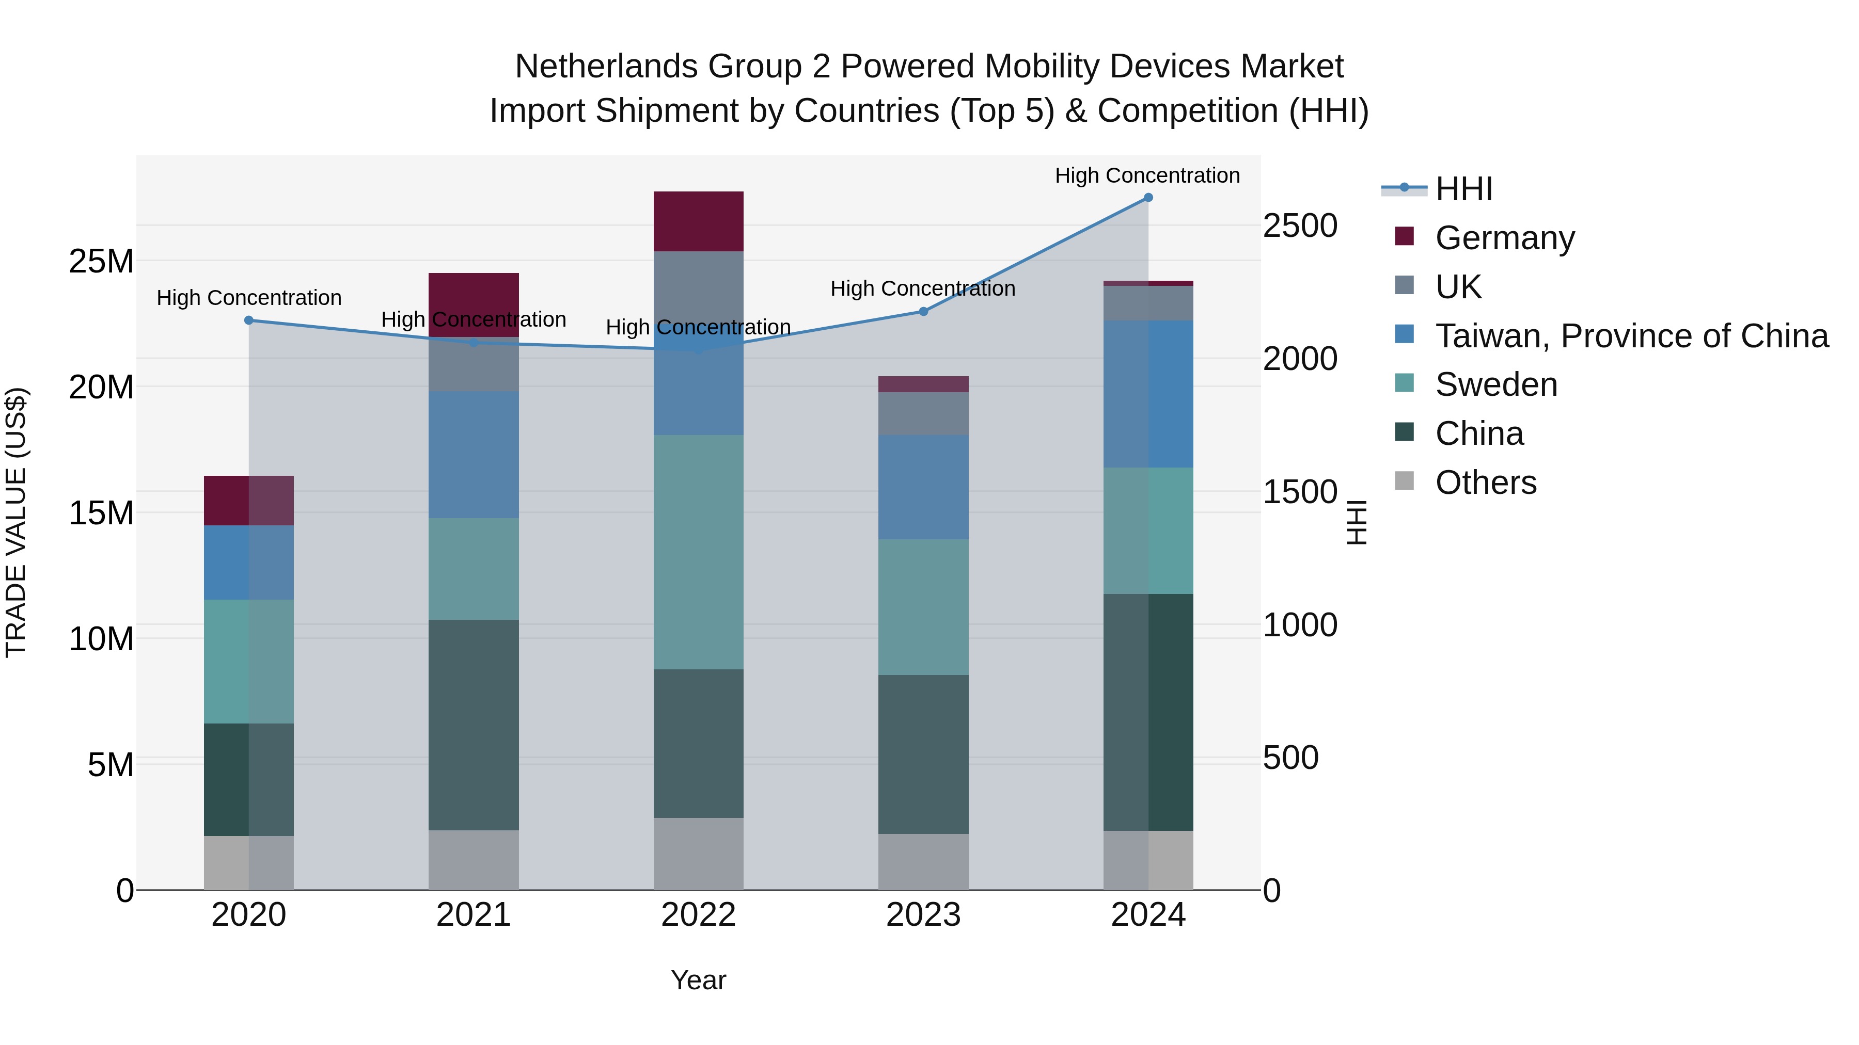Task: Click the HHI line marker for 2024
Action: coord(1148,198)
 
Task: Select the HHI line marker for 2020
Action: coord(249,320)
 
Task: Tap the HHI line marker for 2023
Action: coord(923,312)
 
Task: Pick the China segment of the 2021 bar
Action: coord(474,725)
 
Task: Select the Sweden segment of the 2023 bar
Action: coord(923,607)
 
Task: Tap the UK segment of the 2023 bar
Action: coord(923,413)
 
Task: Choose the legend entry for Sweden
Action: coord(1495,384)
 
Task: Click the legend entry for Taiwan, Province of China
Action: coord(1631,336)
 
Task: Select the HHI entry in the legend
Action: coord(1463,189)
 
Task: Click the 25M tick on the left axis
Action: coord(101,261)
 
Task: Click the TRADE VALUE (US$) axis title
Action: coord(17,522)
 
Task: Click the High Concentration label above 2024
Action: coord(1147,175)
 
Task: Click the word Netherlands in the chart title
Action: coord(606,67)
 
